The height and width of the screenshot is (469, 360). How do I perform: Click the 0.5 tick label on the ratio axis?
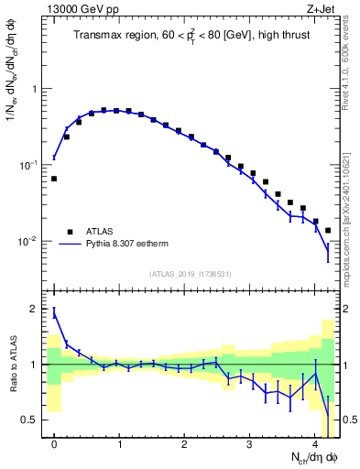tap(32, 420)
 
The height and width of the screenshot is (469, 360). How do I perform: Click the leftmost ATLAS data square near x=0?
tap(54, 179)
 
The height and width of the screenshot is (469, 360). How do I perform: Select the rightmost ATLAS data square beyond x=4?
tap(328, 230)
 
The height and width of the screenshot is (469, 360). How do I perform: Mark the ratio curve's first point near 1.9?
tap(54, 313)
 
